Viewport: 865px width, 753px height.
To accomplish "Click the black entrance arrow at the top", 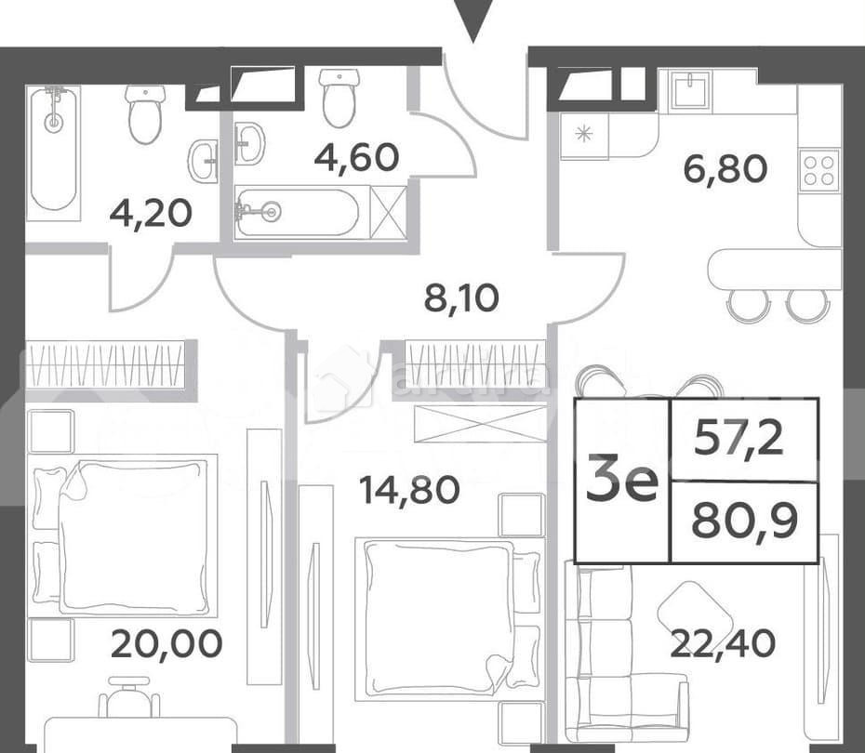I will pos(474,19).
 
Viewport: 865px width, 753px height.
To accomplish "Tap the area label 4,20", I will pos(151,214).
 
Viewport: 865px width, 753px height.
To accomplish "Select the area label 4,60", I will pos(356,157).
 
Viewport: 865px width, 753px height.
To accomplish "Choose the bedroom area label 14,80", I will pos(409,489).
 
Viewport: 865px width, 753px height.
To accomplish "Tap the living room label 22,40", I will pos(723,642).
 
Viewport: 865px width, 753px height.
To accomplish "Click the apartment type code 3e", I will pos(621,482).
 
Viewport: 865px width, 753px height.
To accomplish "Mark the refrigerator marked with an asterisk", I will pos(584,135).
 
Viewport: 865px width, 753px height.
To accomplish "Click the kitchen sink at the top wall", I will pos(691,91).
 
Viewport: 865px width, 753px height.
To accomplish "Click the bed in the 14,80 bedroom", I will pos(437,615).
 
